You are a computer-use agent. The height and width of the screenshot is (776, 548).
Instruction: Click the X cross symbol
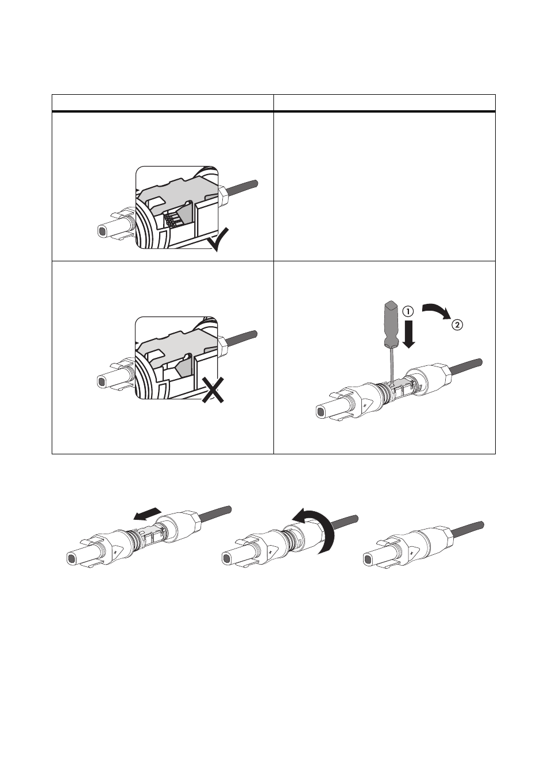pos(213,390)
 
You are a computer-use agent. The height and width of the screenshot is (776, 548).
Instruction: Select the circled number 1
pos(408,311)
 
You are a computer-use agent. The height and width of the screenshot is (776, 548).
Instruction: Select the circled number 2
pos(457,325)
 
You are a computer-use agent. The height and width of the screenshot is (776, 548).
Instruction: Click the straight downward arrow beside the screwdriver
pos(409,334)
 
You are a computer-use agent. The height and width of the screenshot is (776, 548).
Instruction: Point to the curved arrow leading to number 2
pos(437,308)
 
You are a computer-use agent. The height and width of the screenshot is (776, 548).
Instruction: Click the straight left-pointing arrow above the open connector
pos(147,514)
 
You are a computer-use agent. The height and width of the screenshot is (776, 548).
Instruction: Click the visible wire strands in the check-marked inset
pos(172,219)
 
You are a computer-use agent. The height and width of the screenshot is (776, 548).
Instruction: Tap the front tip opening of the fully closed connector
pos(369,559)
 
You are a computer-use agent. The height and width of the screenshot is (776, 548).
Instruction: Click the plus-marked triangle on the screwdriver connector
pos(366,404)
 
